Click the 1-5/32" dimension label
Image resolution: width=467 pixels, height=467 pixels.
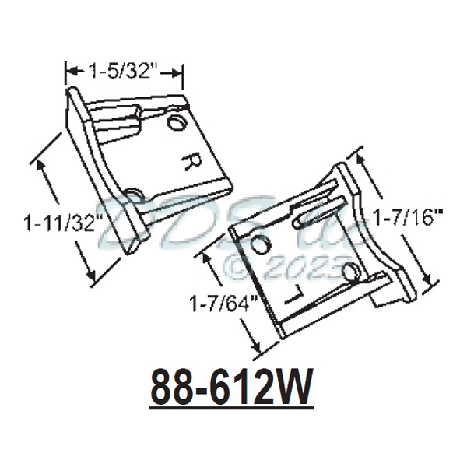click(x=123, y=72)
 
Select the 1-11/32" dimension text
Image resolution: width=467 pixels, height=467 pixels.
click(x=63, y=223)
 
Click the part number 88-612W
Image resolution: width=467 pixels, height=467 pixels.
click(x=231, y=387)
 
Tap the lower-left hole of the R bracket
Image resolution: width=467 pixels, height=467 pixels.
click(x=133, y=192)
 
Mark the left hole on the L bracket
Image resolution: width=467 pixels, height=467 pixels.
click(x=261, y=245)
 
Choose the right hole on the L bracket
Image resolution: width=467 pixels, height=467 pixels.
click(x=351, y=272)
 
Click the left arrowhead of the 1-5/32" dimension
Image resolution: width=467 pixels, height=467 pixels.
click(x=69, y=72)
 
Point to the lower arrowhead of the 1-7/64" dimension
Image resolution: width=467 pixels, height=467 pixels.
click(x=254, y=346)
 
